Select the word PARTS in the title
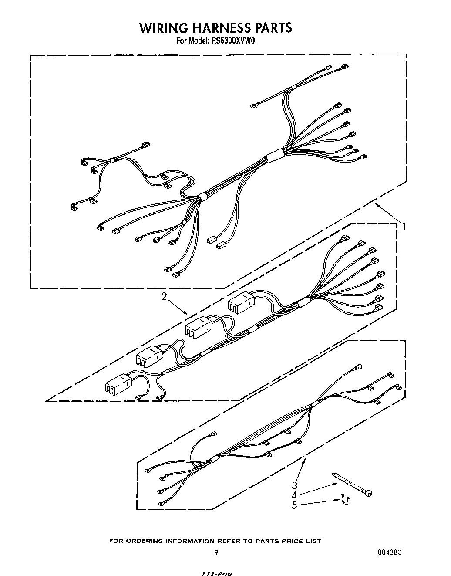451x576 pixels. [273, 28]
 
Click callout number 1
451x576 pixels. [404, 226]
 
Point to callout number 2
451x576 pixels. [164, 297]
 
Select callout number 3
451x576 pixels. [295, 485]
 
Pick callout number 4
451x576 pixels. [295, 495]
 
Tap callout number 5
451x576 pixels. [295, 505]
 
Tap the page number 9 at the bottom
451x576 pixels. [216, 553]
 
